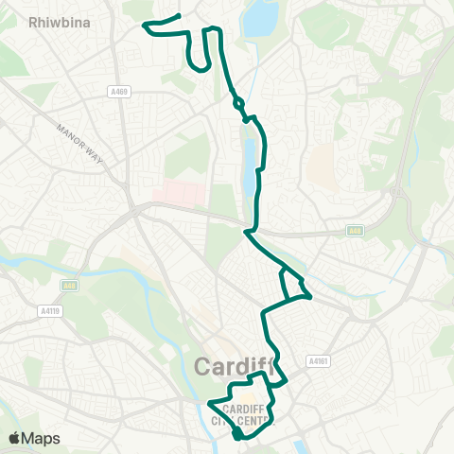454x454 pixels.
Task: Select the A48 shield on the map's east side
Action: (x=355, y=230)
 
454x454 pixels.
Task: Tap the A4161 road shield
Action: (x=317, y=360)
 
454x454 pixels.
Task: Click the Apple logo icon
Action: (x=14, y=438)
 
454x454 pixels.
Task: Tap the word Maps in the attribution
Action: (x=43, y=438)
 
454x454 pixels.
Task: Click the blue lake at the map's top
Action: (x=260, y=19)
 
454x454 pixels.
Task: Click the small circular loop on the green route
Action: (x=237, y=103)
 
